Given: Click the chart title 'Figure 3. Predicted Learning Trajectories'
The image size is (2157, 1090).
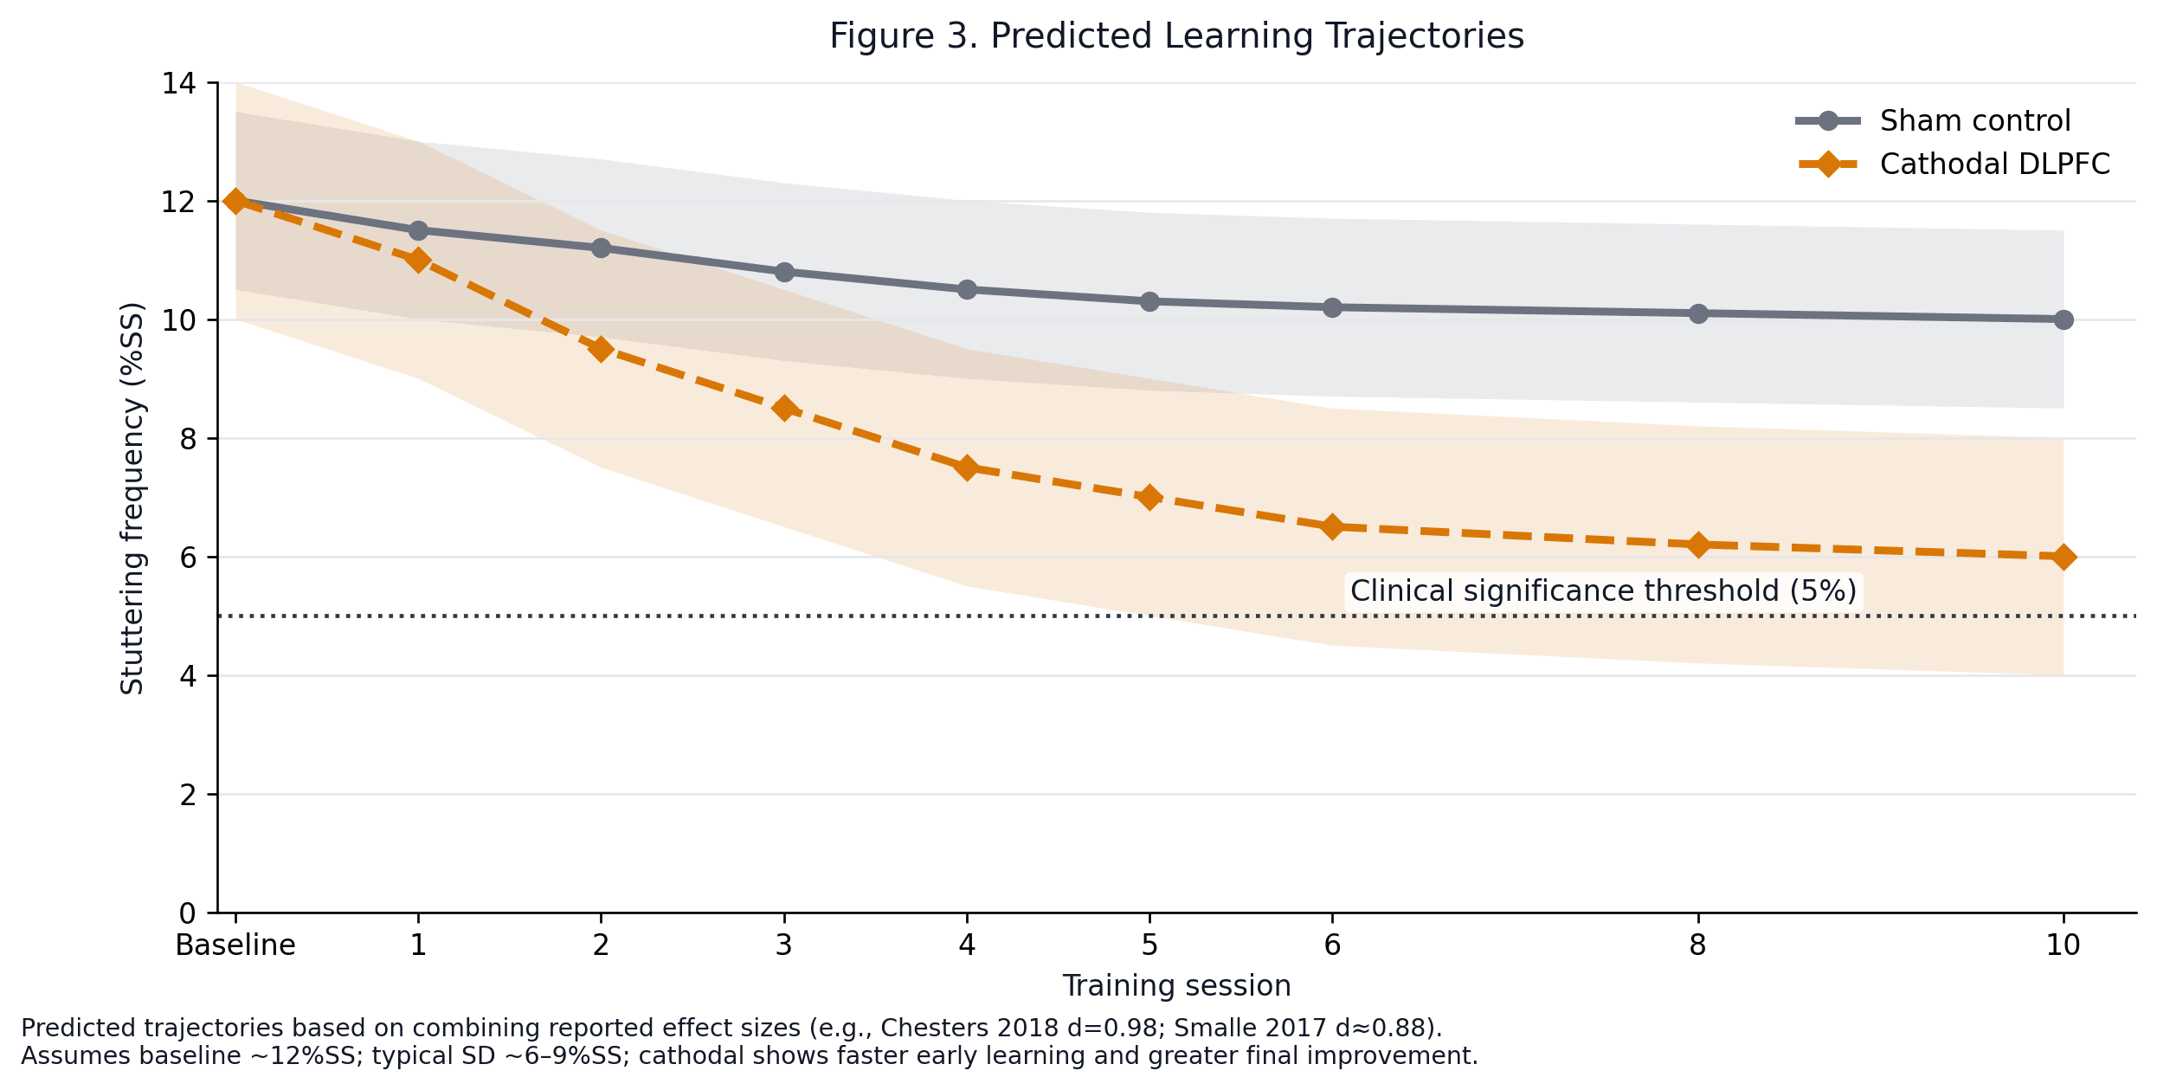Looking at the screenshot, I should click(x=1176, y=37).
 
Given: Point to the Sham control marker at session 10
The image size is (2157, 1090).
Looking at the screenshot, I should click(x=2064, y=320).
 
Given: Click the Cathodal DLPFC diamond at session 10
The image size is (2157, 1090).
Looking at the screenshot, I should click(x=2064, y=557).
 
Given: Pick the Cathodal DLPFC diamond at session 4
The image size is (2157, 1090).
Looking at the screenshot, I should click(x=967, y=468).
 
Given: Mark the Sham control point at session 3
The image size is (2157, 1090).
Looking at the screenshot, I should click(x=784, y=273).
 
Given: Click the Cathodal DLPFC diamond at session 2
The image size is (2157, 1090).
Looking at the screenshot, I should click(x=601, y=350).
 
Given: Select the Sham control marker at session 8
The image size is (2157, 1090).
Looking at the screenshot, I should click(x=1698, y=313).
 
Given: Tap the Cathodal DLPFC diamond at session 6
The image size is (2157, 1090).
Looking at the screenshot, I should click(x=1332, y=527).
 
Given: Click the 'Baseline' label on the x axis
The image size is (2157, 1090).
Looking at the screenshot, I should click(x=235, y=945).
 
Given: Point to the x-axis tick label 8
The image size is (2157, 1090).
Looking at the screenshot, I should click(x=1698, y=945).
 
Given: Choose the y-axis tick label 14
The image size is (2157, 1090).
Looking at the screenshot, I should click(x=179, y=84).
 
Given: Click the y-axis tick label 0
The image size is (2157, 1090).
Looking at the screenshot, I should click(x=188, y=913).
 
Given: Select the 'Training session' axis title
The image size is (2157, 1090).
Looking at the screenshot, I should click(x=1176, y=986).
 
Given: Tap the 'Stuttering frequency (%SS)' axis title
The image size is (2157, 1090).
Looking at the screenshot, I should click(x=132, y=498).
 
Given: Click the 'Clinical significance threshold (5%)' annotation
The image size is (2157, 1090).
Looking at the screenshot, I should click(x=1603, y=591).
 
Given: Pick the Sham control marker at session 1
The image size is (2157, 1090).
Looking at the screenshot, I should click(x=418, y=231).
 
